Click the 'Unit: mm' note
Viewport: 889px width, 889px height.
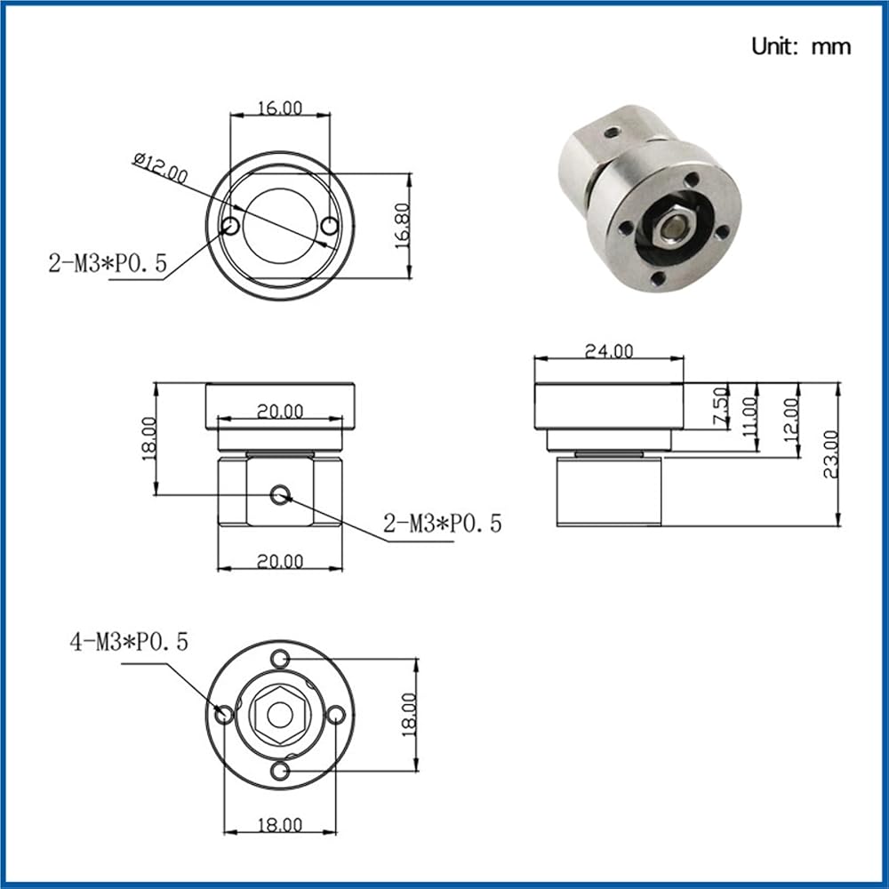coord(801,46)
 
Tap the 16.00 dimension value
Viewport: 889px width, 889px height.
coord(280,108)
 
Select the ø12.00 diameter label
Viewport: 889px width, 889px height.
coord(160,168)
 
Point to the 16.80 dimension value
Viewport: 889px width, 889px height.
coord(402,225)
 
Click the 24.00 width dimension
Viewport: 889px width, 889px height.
coord(609,351)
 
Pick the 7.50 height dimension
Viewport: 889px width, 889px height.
coord(720,406)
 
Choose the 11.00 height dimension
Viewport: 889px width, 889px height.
coord(749,417)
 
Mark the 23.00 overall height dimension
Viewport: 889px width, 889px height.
coord(830,454)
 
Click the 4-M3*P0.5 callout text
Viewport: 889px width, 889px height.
coord(129,642)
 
